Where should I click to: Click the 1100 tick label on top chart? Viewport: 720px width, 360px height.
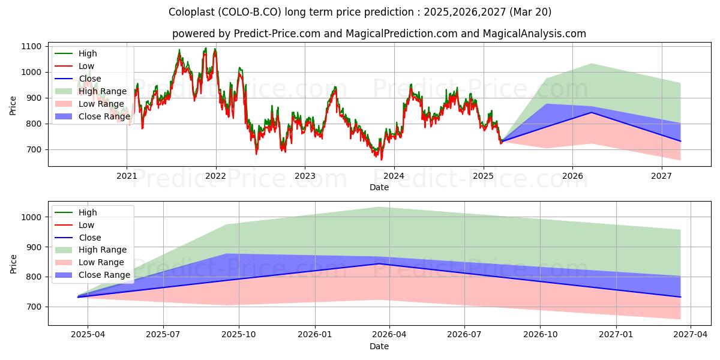point(31,47)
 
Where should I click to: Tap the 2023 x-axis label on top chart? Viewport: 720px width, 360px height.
point(305,176)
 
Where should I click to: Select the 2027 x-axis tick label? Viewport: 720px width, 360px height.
point(661,176)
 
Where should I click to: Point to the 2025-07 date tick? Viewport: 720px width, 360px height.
point(163,335)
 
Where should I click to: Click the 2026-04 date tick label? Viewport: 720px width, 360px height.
point(389,335)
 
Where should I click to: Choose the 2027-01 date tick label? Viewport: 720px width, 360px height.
point(616,335)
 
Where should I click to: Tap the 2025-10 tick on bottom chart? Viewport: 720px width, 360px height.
point(239,335)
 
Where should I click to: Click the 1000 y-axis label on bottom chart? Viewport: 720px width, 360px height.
point(31,217)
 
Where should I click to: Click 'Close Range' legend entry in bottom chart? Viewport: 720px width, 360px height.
point(92,275)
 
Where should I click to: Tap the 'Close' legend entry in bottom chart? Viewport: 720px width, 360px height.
point(78,238)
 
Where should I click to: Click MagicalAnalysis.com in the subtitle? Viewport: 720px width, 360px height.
point(535,34)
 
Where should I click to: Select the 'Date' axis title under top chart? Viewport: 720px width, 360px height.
point(379,187)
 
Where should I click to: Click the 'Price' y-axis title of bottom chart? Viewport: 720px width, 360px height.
point(13,264)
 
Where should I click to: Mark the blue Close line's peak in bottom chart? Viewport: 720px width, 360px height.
point(379,263)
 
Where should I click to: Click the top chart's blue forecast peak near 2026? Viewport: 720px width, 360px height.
point(592,113)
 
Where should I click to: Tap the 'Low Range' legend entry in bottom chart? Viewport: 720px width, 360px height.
point(89,263)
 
